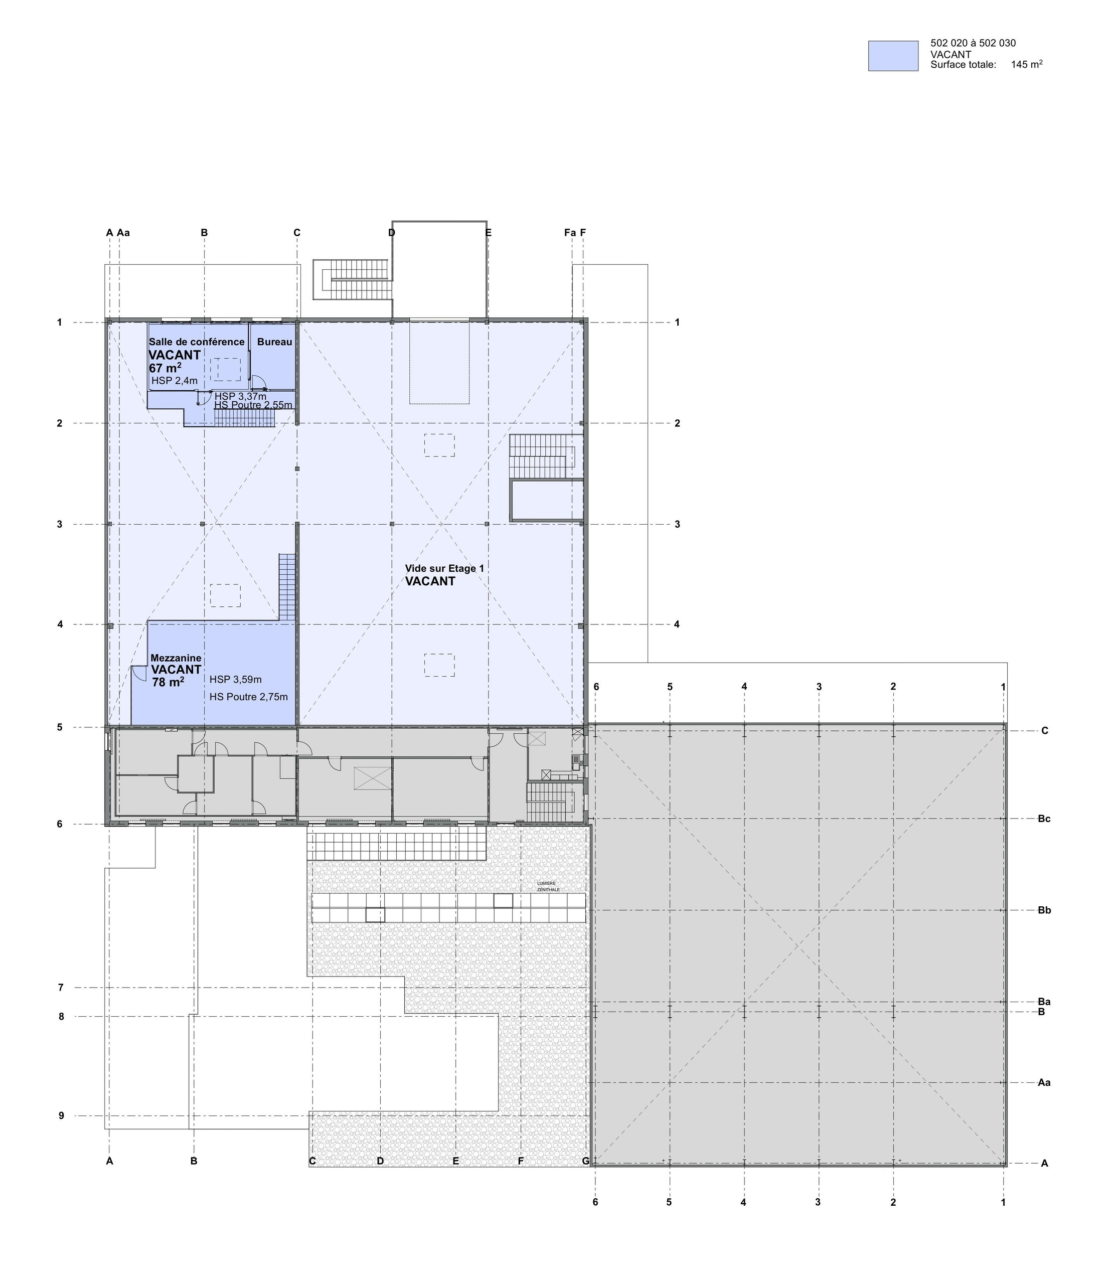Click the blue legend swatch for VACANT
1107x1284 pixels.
coord(892,56)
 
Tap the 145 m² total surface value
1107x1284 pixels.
coord(1026,64)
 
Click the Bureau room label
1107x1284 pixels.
coord(274,342)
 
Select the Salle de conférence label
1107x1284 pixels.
coord(197,342)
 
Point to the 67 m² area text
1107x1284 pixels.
coord(165,368)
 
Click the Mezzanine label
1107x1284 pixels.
coord(176,658)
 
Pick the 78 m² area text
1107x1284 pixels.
coord(168,682)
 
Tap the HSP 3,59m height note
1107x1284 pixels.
coord(236,680)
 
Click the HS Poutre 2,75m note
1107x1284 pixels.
coord(249,697)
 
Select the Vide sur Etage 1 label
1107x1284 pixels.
coord(444,568)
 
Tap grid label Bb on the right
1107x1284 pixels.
coord(1044,910)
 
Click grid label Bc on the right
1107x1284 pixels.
coord(1044,819)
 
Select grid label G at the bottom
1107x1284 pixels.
coord(585,1161)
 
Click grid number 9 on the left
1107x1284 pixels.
coord(61,1116)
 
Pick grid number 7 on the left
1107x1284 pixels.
coord(61,988)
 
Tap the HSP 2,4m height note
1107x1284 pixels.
coord(174,381)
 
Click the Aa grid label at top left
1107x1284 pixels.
coord(123,233)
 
